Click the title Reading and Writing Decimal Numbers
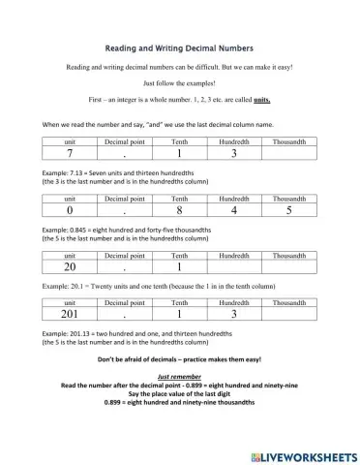tap(179, 46)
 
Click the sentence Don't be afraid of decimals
tap(179, 359)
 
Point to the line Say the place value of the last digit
tap(179, 393)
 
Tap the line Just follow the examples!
tap(179, 83)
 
